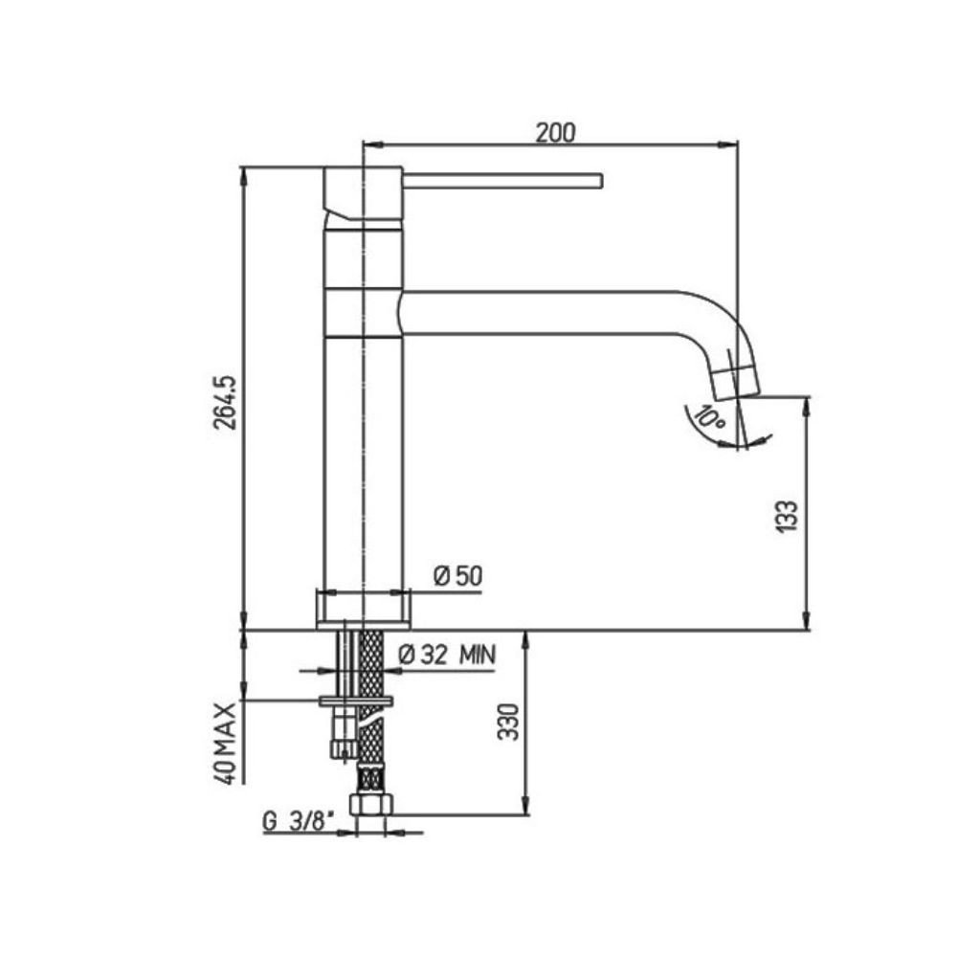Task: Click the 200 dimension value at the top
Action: (555, 133)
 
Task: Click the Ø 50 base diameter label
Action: (456, 576)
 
